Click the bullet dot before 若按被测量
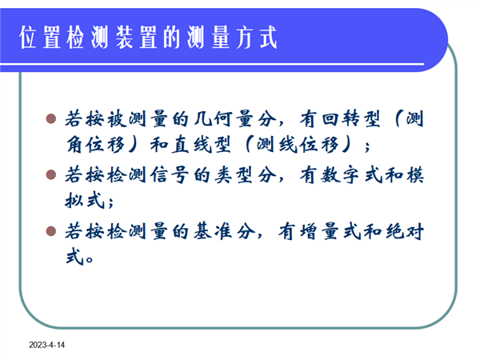coord(51,118)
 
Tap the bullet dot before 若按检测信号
coord(51,174)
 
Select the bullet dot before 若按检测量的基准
coord(51,231)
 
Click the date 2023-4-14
coord(47,345)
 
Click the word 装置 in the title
coord(136,38)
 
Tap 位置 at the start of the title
coord(40,38)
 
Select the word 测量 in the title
coord(208,38)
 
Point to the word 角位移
coord(95,145)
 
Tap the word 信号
coord(169,175)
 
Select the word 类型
coord(234,175)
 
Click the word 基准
coord(213,231)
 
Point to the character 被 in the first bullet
coord(117,118)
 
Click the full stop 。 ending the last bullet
coord(90,259)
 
